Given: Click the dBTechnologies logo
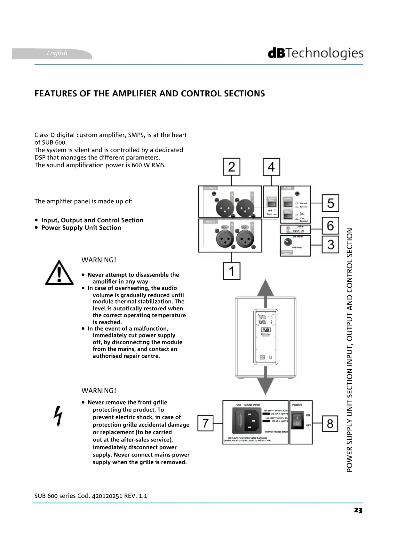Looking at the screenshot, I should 315,54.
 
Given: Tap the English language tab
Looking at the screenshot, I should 57,53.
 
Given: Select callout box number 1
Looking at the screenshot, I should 231,271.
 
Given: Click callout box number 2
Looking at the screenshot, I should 231,167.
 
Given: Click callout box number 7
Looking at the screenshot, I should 205,423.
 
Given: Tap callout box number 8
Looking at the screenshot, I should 330,423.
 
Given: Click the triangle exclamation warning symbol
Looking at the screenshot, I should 59,273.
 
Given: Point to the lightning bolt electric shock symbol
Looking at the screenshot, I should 58,416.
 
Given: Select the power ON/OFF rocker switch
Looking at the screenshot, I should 297,420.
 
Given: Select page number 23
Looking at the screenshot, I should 358,510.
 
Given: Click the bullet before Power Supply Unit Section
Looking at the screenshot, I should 36,228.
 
